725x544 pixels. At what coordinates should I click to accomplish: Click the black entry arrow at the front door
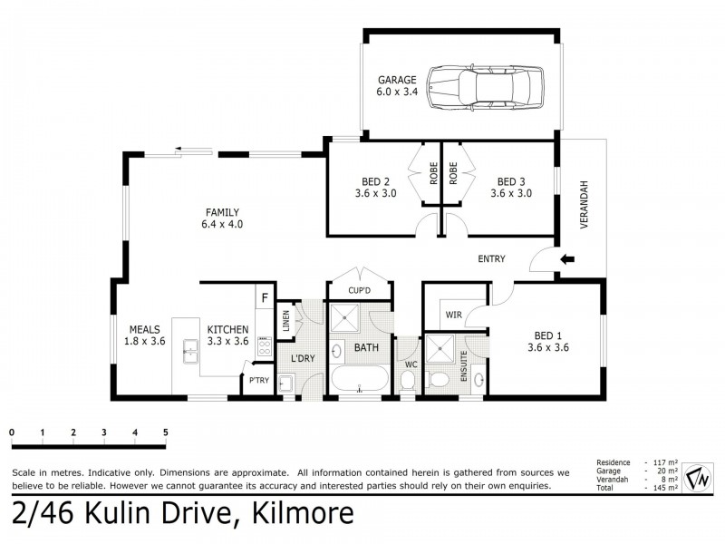(568, 259)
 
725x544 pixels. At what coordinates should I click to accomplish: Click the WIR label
(453, 316)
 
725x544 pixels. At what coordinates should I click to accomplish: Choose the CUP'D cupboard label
(361, 291)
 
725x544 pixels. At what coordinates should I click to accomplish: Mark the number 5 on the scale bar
(166, 432)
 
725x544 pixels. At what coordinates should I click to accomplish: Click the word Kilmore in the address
(297, 516)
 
